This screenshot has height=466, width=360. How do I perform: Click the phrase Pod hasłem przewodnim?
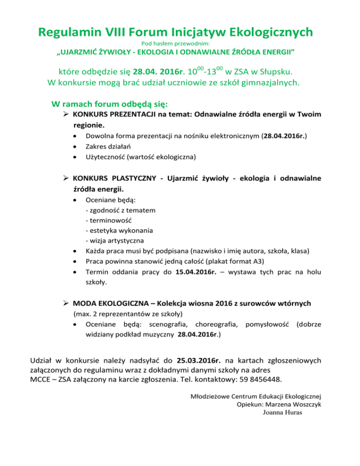pyautogui.click(x=180, y=43)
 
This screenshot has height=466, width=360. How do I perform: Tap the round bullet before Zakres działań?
pyautogui.click(x=75, y=146)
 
